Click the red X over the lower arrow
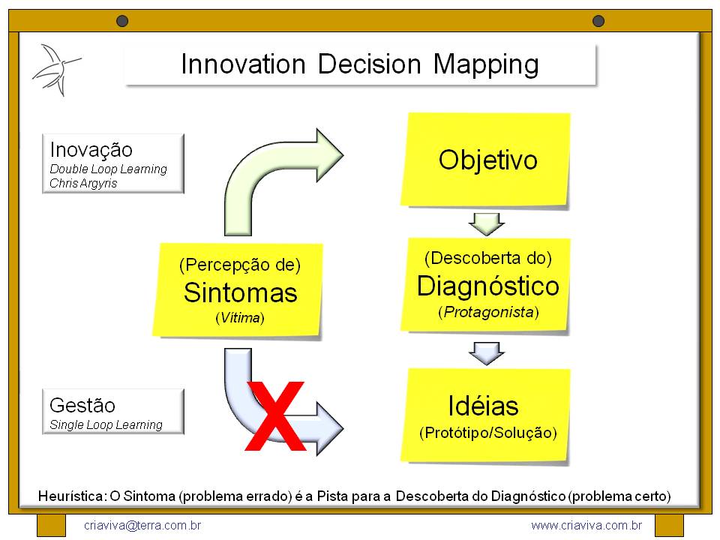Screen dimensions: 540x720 [276, 417]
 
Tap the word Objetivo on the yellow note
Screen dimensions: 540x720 [487, 160]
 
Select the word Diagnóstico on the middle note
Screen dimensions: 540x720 [487, 286]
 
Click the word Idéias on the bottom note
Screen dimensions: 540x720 [483, 406]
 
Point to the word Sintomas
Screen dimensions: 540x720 [240, 292]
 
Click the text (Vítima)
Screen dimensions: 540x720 [240, 318]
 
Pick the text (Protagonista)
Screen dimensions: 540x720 [488, 312]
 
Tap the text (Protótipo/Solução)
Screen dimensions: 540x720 [487, 433]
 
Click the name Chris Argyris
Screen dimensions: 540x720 [83, 183]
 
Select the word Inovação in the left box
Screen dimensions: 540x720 [91, 149]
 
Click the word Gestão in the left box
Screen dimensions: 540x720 [82, 406]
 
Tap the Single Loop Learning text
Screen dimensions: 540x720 [106, 424]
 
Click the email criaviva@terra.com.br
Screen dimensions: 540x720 [142, 525]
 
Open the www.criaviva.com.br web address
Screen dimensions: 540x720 [586, 525]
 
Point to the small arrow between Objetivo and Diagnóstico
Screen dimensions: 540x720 [487, 223]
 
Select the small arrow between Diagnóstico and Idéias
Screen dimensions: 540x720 [487, 351]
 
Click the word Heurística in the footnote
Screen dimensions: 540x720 [72, 496]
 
